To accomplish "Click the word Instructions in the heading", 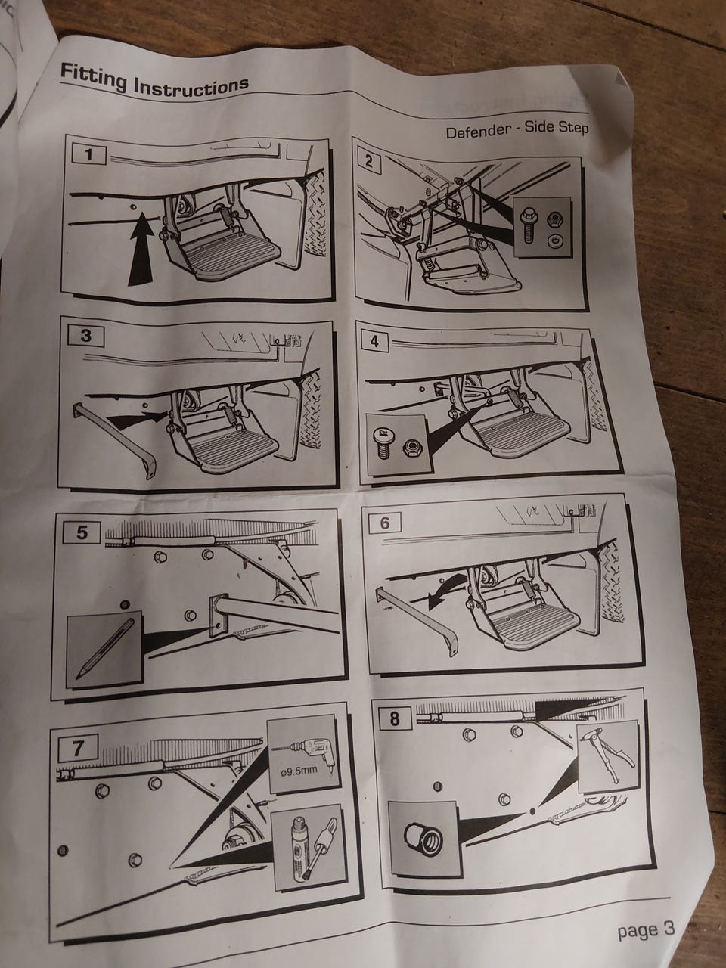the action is [x=191, y=86].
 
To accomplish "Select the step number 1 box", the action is [x=89, y=155].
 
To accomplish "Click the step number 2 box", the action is [x=369, y=163].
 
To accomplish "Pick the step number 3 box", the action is [x=86, y=336].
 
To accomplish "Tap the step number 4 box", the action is [x=374, y=341].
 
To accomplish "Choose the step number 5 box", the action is [x=82, y=532].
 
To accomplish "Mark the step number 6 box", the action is [x=384, y=523].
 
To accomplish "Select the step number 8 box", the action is [x=395, y=718].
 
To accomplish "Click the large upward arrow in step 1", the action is [x=143, y=249].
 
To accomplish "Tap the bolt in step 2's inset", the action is [x=527, y=225].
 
